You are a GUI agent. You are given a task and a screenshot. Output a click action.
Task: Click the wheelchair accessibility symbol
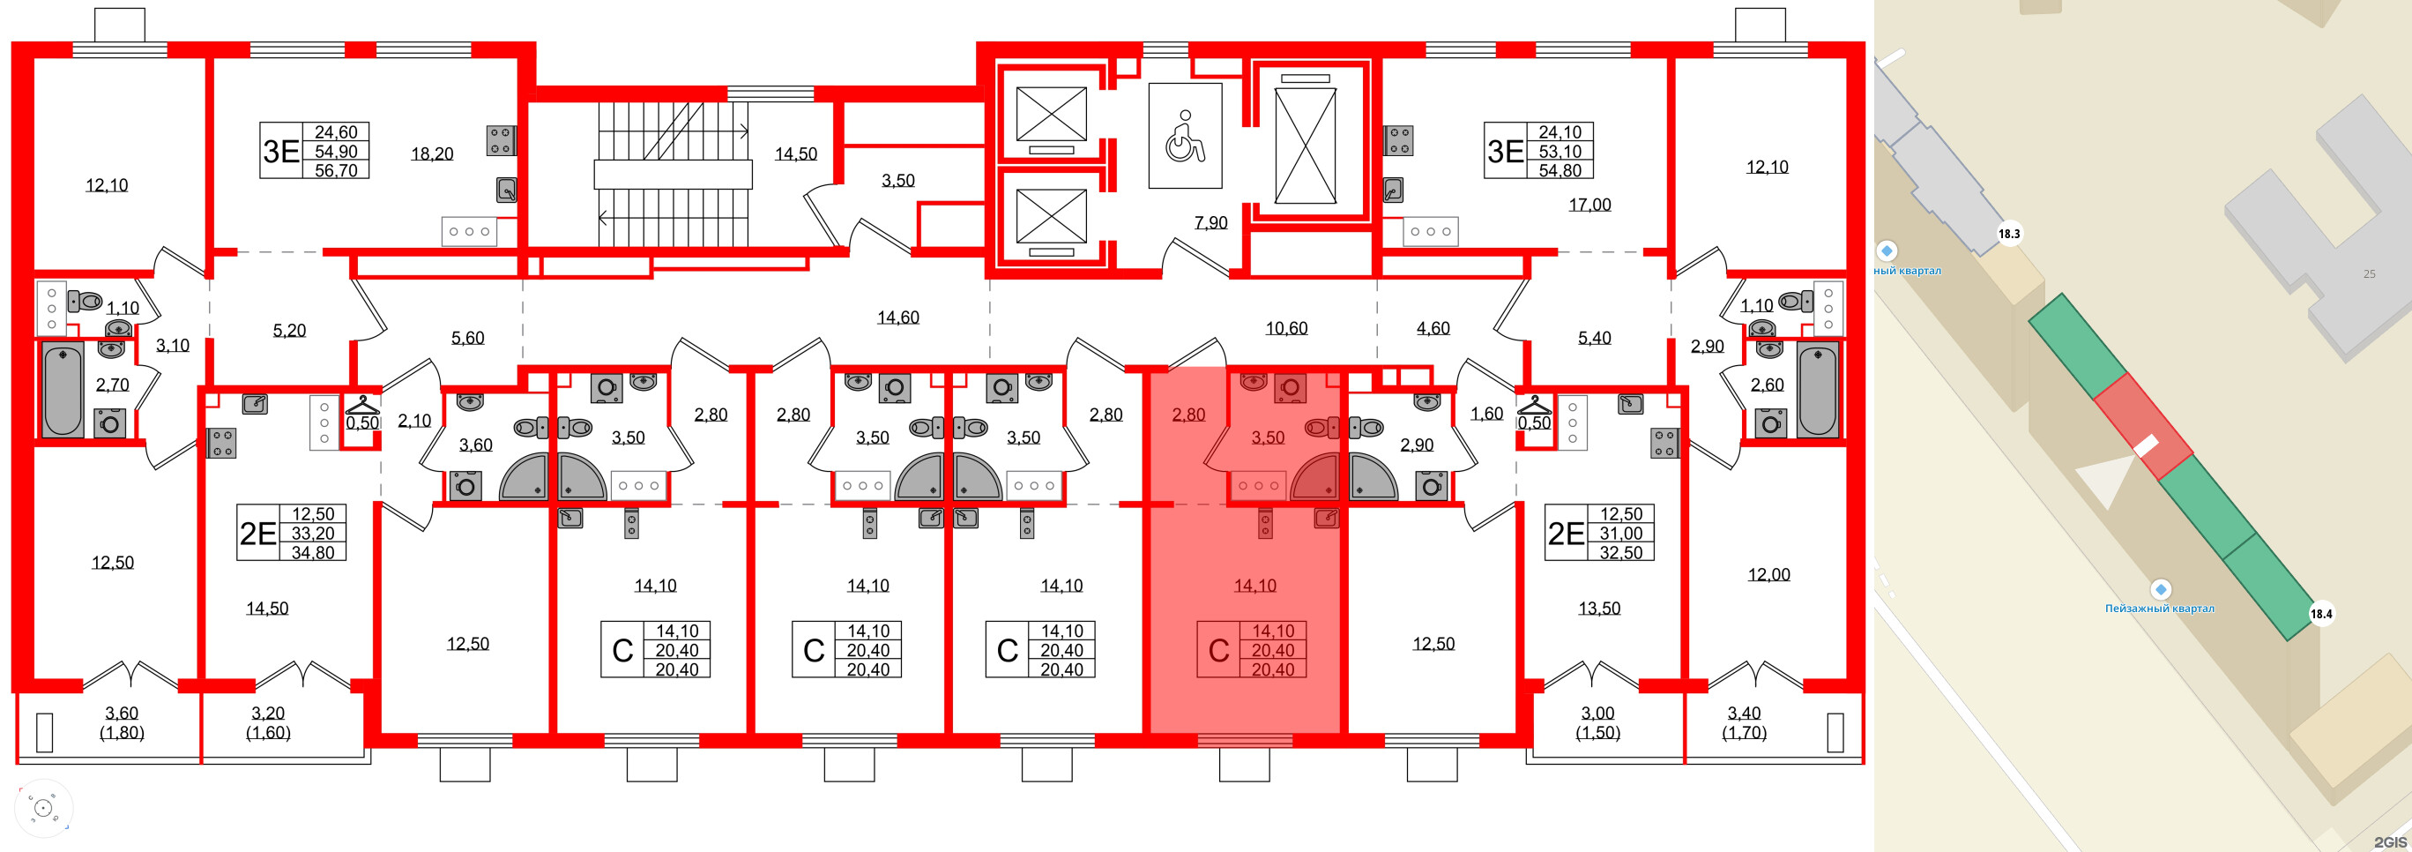click(1185, 136)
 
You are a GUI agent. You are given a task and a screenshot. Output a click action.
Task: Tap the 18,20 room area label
click(432, 153)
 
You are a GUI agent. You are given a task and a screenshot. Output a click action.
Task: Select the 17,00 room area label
click(1589, 204)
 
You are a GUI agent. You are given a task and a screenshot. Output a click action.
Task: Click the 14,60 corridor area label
click(897, 318)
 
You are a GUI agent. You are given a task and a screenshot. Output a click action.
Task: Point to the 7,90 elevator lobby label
click(1210, 222)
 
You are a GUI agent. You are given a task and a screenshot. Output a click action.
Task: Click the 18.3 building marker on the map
click(2008, 234)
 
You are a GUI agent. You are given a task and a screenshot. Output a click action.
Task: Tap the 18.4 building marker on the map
click(2320, 614)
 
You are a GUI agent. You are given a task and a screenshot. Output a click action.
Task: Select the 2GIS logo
click(2390, 841)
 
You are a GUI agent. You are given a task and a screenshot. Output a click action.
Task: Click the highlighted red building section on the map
click(2141, 426)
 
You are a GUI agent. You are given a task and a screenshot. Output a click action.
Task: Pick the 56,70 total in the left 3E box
click(335, 170)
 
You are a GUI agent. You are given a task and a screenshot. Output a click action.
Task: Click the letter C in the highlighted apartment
click(1218, 651)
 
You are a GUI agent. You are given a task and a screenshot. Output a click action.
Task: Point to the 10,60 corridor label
click(1285, 328)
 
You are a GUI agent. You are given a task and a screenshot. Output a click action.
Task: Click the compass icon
click(43, 807)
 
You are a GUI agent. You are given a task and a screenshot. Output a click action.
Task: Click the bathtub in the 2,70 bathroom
click(63, 390)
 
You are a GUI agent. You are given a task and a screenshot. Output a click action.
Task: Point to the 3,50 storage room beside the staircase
click(897, 180)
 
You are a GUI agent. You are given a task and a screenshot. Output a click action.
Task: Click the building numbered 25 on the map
click(2368, 273)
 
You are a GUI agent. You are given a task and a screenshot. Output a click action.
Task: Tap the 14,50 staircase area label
click(795, 153)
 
